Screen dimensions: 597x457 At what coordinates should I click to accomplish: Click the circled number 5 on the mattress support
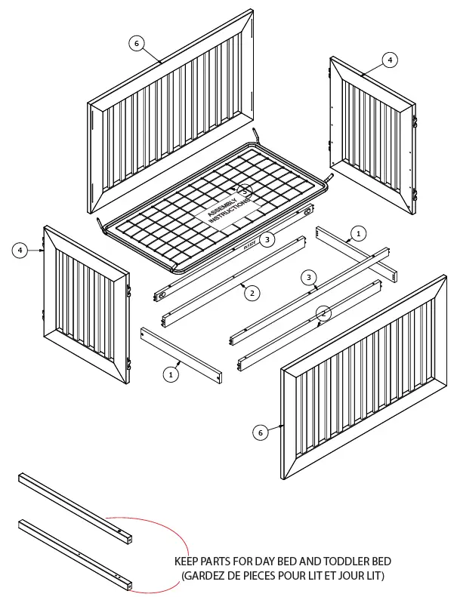(245, 191)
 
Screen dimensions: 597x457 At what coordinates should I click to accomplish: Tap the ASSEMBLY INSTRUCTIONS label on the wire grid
(227, 206)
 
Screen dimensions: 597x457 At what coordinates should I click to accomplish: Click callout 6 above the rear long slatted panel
(136, 44)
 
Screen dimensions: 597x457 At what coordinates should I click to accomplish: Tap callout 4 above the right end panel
(389, 59)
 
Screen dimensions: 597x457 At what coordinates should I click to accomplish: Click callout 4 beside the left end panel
(20, 250)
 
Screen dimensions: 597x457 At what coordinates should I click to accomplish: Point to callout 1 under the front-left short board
(171, 373)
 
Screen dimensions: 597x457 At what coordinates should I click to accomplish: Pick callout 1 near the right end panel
(359, 233)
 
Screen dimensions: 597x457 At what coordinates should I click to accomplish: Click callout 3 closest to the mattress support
(266, 239)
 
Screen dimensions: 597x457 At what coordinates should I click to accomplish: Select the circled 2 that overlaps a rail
(323, 312)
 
